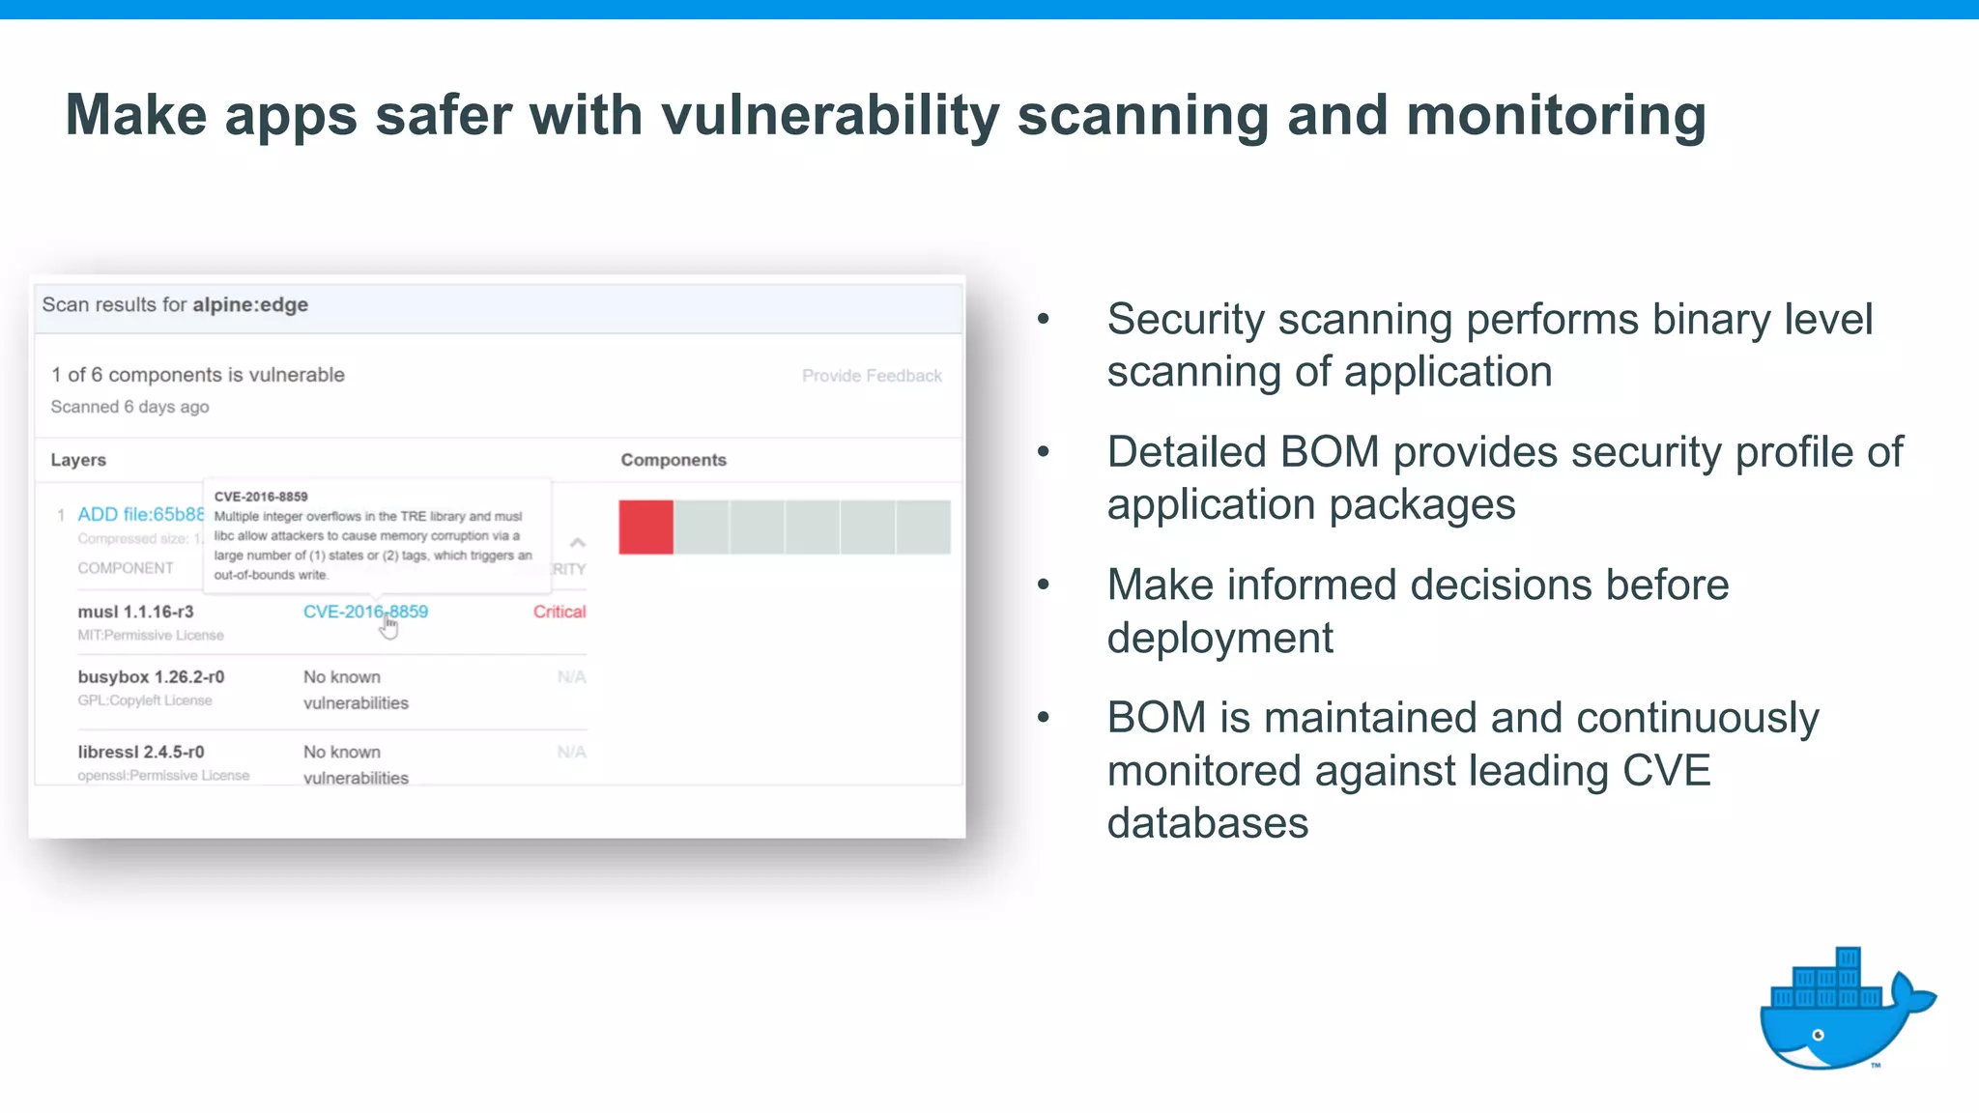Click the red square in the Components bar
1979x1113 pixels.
pyautogui.click(x=645, y=528)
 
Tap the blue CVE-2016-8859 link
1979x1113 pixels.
pyautogui.click(x=365, y=612)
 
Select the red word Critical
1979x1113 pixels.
pyautogui.click(x=559, y=612)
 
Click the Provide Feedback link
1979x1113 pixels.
pyautogui.click(x=872, y=376)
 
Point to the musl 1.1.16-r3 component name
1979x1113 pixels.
pyautogui.click(x=135, y=612)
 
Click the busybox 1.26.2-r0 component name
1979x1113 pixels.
pyautogui.click(x=151, y=677)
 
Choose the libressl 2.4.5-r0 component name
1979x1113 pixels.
pyautogui.click(x=141, y=752)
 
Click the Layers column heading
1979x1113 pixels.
pyautogui.click(x=78, y=460)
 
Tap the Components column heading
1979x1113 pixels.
pyautogui.click(x=674, y=460)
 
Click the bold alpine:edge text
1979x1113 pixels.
pyautogui.click(x=250, y=305)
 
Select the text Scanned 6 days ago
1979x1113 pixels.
pyautogui.click(x=129, y=407)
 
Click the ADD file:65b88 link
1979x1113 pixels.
pyautogui.click(x=141, y=515)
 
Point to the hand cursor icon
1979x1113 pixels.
pyautogui.click(x=388, y=627)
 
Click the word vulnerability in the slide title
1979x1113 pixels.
pyautogui.click(x=830, y=116)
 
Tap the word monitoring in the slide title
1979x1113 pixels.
pyautogui.click(x=1556, y=116)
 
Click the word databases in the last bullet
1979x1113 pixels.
pyautogui.click(x=1208, y=823)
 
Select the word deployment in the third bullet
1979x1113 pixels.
pyautogui.click(x=1219, y=639)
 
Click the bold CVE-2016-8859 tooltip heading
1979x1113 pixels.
pyautogui.click(x=261, y=497)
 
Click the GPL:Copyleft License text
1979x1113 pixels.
pyautogui.click(x=145, y=700)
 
